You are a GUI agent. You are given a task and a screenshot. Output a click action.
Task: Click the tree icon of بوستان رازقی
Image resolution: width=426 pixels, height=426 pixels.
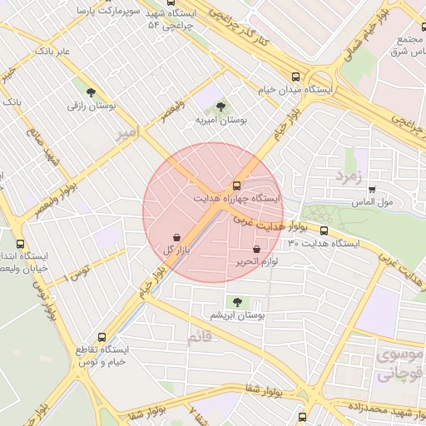click(x=91, y=93)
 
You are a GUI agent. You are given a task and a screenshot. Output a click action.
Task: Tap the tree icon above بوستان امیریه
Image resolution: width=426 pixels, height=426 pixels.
click(x=220, y=106)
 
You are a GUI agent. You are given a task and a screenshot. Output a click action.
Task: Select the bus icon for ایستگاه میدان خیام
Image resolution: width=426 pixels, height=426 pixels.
click(x=297, y=74)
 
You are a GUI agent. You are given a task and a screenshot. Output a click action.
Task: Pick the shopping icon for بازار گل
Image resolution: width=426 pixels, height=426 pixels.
click(x=176, y=237)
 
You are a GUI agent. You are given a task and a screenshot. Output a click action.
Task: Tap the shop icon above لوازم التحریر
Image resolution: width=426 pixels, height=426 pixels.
click(x=255, y=249)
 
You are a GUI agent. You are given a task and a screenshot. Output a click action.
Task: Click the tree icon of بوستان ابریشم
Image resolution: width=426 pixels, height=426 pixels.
click(x=237, y=302)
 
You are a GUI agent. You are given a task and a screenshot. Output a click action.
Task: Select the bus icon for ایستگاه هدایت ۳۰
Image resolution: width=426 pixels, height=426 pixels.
click(x=324, y=230)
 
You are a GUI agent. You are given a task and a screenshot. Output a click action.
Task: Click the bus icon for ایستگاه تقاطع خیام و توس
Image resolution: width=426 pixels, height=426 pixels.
click(x=102, y=337)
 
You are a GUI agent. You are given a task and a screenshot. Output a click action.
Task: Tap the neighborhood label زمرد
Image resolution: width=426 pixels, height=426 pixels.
click(x=350, y=176)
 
